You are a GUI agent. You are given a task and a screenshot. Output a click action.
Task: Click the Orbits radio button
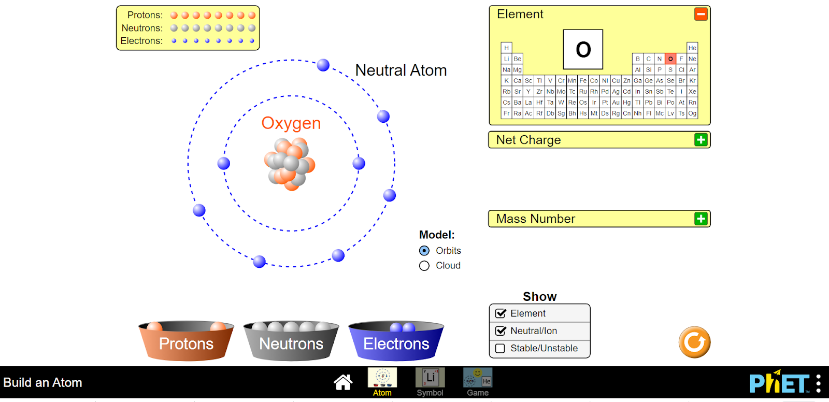pos(424,251)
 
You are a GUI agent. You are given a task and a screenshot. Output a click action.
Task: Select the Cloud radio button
pos(424,266)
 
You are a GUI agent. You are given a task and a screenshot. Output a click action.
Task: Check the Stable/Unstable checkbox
pos(501,348)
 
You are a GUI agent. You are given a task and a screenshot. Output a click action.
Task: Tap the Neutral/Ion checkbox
pos(501,331)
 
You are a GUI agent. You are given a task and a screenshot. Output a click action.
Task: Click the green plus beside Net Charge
pos(701,140)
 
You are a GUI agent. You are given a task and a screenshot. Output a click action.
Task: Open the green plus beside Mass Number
pos(701,219)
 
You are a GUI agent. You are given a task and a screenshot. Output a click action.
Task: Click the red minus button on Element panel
pos(701,15)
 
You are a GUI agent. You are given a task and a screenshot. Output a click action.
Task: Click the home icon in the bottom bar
pos(343,382)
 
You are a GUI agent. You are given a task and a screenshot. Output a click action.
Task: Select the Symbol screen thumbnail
pos(430,378)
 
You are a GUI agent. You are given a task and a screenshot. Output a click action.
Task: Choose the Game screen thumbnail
pos(478,378)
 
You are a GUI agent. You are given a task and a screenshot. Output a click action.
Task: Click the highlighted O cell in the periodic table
pos(670,59)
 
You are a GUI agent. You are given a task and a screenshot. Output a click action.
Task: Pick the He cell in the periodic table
pos(692,48)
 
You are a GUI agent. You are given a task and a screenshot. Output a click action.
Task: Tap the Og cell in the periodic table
pos(692,113)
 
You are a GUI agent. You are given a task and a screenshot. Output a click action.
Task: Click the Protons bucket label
pos(186,343)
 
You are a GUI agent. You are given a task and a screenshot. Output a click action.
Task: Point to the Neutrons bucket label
pos(291,343)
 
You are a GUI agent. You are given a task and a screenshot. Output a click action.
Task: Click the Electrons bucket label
pos(396,343)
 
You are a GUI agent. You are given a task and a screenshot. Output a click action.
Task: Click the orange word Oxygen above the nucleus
pos(291,123)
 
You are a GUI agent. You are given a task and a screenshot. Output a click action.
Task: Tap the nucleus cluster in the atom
pos(290,164)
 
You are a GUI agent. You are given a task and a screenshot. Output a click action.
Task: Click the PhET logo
pos(779,383)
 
